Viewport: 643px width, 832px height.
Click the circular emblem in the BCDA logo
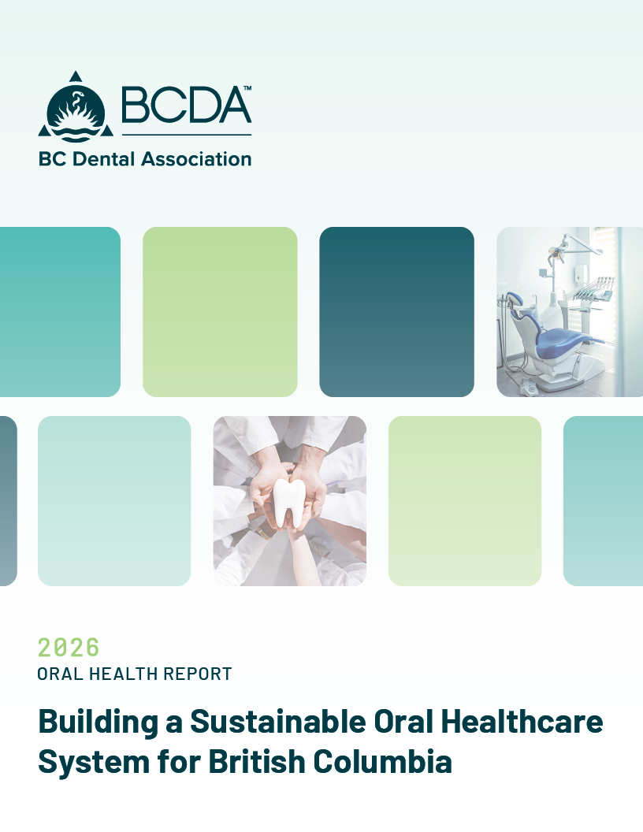click(x=76, y=113)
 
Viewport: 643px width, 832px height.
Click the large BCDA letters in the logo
click(x=186, y=105)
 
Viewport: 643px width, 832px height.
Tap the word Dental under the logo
click(x=103, y=158)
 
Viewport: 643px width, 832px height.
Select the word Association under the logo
click(x=196, y=158)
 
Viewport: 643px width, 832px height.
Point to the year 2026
click(x=69, y=648)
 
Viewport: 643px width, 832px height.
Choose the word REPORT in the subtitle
click(x=197, y=674)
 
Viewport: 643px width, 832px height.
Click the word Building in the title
click(x=98, y=722)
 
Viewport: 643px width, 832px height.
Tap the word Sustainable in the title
click(x=278, y=721)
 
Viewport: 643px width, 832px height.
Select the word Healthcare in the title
click(x=522, y=721)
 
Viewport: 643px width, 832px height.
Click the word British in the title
click(x=256, y=761)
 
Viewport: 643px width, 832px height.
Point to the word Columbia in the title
click(x=382, y=761)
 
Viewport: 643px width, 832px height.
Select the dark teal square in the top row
click(x=397, y=312)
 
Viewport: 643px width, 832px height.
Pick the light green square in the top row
click(x=220, y=312)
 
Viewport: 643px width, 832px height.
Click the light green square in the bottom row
click(x=465, y=501)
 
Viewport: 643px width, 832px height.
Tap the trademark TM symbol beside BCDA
click(x=247, y=87)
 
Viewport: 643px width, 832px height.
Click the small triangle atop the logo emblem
click(x=76, y=76)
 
